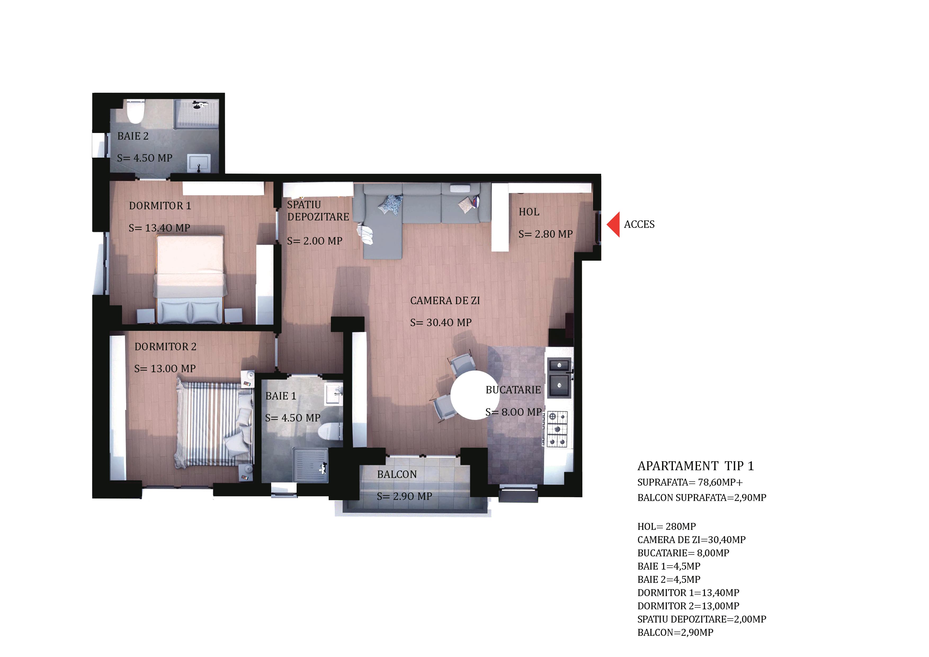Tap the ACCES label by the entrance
(x=639, y=224)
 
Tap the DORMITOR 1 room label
(x=160, y=206)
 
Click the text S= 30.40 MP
(x=441, y=323)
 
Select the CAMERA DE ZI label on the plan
(x=445, y=301)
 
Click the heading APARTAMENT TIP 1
(x=695, y=466)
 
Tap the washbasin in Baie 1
(x=334, y=393)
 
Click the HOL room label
(x=529, y=212)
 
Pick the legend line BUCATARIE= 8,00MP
(x=683, y=553)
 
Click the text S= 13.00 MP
(x=165, y=369)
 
